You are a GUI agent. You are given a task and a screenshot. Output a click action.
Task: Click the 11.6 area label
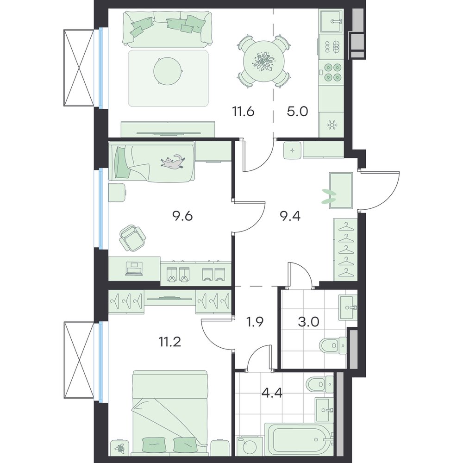[x=243, y=112]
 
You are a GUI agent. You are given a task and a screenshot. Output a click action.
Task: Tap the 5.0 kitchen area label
[x=297, y=112]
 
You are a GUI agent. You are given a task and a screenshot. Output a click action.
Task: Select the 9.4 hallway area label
[x=290, y=216]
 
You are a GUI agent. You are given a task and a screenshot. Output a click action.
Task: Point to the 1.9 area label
[x=255, y=322]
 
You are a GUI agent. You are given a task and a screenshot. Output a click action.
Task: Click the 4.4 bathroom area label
[x=272, y=393]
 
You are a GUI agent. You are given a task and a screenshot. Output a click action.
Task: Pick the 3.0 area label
[x=308, y=322]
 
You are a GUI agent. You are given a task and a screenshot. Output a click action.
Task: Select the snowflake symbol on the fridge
[x=332, y=125]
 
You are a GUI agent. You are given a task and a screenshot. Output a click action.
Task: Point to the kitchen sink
[x=332, y=21]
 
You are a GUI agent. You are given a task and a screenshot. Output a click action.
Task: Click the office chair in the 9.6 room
[x=132, y=238]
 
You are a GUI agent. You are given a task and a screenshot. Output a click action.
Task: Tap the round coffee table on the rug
[x=167, y=71]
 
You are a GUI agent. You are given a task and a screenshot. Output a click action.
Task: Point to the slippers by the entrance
[x=329, y=196]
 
